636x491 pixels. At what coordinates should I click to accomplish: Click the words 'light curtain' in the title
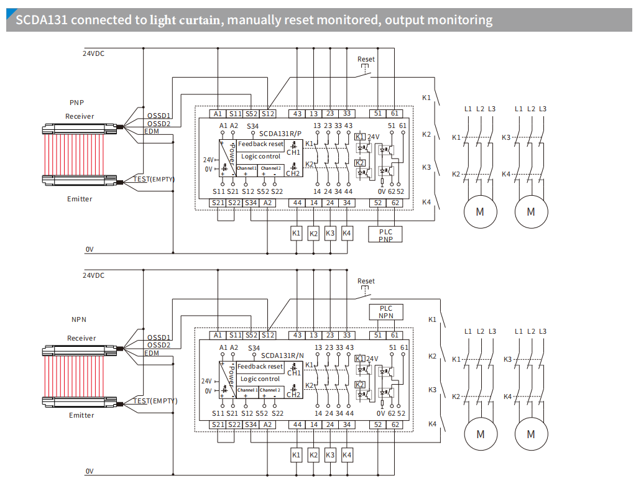185,20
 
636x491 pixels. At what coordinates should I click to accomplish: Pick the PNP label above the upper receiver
76,103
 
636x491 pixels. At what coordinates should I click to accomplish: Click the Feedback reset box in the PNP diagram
260,144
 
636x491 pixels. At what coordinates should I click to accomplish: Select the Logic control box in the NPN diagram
260,379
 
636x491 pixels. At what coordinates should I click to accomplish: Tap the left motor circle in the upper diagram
479,211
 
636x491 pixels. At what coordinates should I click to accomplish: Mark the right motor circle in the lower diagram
530,434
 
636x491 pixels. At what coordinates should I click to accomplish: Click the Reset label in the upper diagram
366,59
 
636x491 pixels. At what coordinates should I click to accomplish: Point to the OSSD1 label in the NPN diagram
159,337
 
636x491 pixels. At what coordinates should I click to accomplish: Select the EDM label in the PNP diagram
152,131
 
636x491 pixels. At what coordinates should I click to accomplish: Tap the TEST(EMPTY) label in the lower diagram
155,401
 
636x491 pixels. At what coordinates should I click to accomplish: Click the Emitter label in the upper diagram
80,199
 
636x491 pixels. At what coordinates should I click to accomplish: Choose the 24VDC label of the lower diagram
94,275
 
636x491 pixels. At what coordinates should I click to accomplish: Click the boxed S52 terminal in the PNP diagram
251,114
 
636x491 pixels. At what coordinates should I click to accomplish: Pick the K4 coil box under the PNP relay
347,233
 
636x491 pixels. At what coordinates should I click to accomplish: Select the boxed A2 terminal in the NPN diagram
267,424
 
